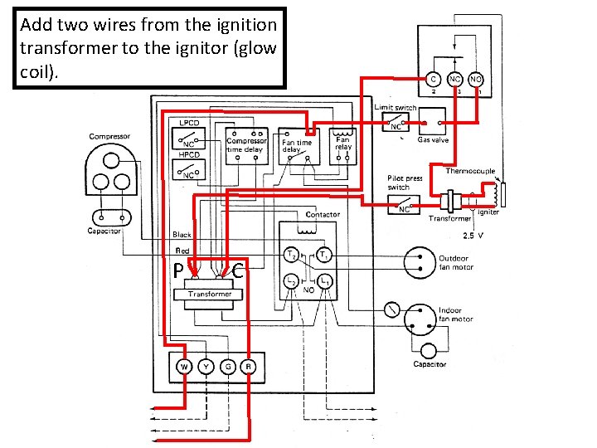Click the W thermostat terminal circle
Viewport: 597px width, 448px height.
pos(183,367)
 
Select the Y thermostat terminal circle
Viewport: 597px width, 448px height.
pos(204,367)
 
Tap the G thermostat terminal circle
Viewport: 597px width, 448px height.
pos(226,367)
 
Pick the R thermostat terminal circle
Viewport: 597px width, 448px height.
pos(247,367)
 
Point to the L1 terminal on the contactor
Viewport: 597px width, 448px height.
pos(327,282)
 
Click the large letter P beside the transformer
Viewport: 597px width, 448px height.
pos(178,271)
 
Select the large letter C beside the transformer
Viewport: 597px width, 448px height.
pos(239,270)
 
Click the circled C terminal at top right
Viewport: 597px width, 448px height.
pos(433,79)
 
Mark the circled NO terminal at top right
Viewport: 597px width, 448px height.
pos(476,79)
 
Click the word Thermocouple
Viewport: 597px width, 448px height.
pos(470,172)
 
